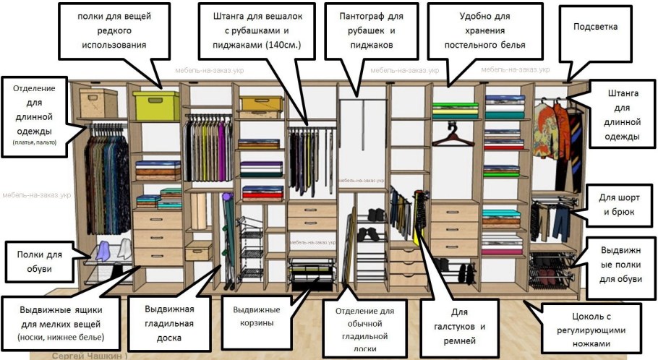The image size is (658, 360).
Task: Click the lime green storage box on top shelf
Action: click(x=155, y=106)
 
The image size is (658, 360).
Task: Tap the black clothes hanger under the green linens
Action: click(x=453, y=134)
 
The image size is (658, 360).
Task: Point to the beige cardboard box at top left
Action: click(x=98, y=101)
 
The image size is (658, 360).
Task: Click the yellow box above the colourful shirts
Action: click(x=262, y=103)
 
